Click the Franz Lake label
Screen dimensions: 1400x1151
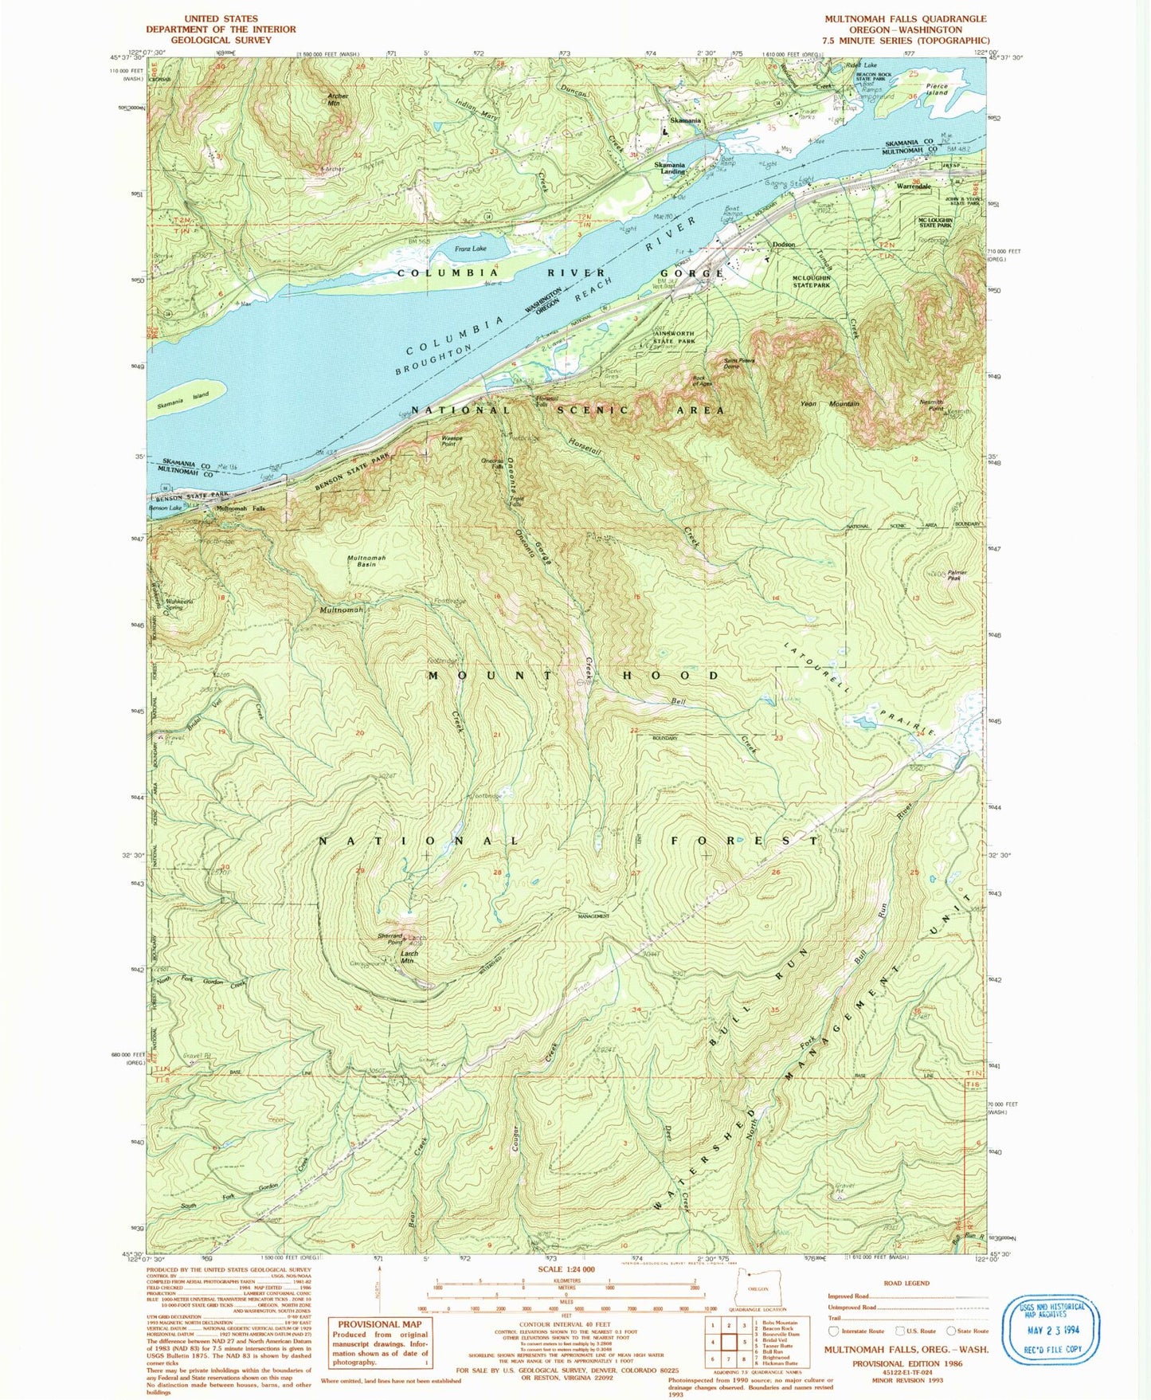(x=470, y=249)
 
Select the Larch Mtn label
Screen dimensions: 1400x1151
(x=409, y=957)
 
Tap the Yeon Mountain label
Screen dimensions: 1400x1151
(x=829, y=404)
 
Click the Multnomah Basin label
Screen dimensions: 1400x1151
(x=366, y=561)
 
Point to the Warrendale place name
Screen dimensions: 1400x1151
(x=914, y=186)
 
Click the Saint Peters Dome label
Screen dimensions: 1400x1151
(x=738, y=363)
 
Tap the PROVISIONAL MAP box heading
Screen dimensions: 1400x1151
(x=375, y=1324)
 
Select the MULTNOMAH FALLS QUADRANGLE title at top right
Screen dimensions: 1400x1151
(x=906, y=19)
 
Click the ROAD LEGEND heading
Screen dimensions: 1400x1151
(x=906, y=1283)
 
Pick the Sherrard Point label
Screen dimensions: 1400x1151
(x=390, y=939)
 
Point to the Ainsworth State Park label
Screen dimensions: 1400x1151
(x=674, y=337)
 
